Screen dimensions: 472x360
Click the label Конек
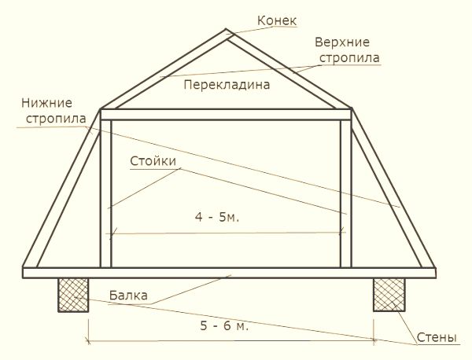tap(277, 20)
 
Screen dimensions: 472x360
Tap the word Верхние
tap(342, 42)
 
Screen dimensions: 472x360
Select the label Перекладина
tap(227, 85)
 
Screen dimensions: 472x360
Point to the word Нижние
tap(46, 103)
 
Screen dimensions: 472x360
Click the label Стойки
tap(153, 161)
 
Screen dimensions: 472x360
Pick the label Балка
tap(128, 296)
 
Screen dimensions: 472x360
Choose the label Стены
tap(437, 337)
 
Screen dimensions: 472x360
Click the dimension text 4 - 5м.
tap(217, 217)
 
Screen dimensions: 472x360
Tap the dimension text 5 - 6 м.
tap(224, 325)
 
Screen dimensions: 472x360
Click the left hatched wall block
tap(73, 295)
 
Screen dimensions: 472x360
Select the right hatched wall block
tap(389, 295)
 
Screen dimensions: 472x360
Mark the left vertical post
tap(105, 193)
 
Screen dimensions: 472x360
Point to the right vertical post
tap(345, 193)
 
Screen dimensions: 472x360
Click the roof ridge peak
tap(226, 29)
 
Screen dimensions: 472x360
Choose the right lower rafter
tap(393, 189)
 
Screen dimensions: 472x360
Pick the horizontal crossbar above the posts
tap(226, 115)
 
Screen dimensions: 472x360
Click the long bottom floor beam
tap(229, 273)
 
